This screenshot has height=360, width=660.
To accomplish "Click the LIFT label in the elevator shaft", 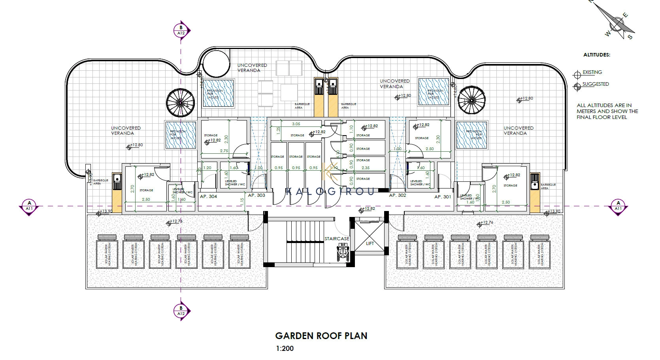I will click(370, 243).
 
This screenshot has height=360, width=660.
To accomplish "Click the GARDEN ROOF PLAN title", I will click(321, 336).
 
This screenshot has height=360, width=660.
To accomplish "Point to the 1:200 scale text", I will click(285, 349).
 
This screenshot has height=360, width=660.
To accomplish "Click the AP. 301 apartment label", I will click(443, 196).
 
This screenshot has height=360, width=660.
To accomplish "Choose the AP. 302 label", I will click(398, 195).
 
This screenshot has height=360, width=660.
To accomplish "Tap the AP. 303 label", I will click(256, 195).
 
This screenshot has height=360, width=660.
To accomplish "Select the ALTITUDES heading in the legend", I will click(596, 55).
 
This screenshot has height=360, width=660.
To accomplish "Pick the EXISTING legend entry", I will click(592, 72).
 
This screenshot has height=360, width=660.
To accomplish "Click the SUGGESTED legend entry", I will click(595, 84).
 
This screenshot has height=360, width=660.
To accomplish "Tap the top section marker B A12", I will click(181, 30).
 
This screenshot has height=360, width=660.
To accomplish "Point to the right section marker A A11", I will click(618, 206).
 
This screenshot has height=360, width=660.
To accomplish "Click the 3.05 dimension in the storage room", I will click(296, 124).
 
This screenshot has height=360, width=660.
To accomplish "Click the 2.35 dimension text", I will click(365, 168).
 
